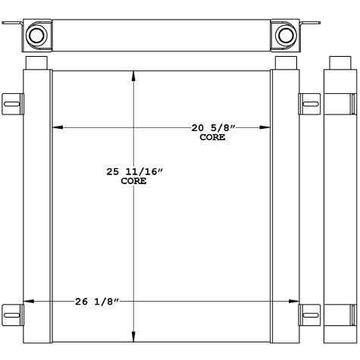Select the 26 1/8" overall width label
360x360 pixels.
97,302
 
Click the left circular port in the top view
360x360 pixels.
37,35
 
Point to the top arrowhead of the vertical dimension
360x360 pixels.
135,74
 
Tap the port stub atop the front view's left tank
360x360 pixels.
37,62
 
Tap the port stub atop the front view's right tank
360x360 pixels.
285,62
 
